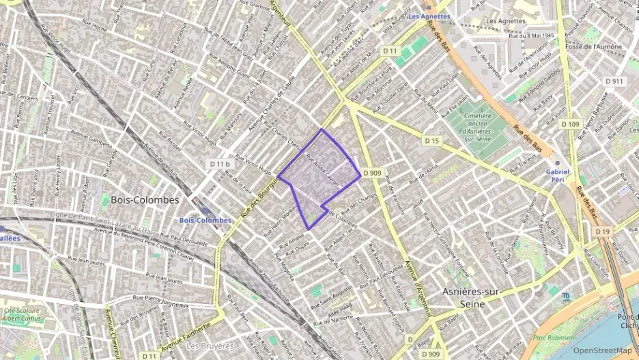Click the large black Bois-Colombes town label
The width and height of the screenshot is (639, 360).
140,200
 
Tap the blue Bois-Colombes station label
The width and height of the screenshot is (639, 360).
205,221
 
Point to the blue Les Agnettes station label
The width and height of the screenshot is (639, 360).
429,16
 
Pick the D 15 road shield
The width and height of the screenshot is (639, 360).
431,141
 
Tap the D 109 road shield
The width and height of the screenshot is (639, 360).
570,124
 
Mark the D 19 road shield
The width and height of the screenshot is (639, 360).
602,232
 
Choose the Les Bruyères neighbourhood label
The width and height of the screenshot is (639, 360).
210,346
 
